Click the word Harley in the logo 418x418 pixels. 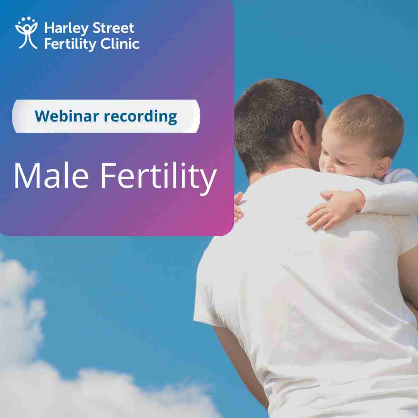(67, 29)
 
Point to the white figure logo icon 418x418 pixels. (26, 33)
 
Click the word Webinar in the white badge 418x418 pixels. (67, 116)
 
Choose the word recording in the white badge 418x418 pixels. (140, 117)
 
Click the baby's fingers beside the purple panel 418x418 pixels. (238, 207)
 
